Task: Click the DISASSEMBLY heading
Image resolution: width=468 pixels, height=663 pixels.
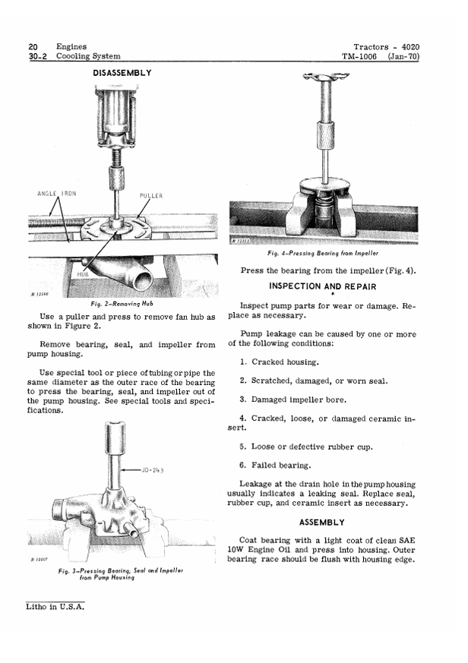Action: click(122, 73)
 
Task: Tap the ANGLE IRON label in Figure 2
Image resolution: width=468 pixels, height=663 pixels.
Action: click(57, 194)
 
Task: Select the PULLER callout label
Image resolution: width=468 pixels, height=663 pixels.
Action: click(151, 196)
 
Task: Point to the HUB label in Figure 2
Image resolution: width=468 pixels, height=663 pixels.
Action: click(83, 274)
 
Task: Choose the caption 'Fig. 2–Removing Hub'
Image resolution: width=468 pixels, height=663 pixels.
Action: click(122, 304)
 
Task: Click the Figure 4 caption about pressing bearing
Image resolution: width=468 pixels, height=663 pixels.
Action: click(323, 253)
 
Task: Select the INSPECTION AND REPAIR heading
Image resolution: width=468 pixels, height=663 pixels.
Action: click(322, 286)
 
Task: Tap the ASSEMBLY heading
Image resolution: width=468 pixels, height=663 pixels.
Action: click(322, 523)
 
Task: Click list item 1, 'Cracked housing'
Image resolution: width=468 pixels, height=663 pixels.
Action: click(280, 362)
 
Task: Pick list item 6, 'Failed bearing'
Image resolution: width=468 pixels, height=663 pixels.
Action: click(275, 466)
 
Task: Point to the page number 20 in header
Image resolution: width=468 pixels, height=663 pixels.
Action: click(33, 46)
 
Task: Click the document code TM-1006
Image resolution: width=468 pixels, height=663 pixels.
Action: click(359, 56)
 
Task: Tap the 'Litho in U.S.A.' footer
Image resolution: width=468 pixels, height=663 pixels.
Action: click(55, 607)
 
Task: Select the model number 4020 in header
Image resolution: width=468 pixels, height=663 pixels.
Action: click(410, 47)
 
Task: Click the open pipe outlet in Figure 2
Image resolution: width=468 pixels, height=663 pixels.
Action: click(143, 279)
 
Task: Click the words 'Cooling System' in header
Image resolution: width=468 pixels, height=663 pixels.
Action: click(88, 56)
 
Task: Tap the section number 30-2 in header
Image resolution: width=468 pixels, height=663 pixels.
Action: click(38, 56)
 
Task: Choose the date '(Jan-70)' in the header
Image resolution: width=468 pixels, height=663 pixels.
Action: click(403, 56)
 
